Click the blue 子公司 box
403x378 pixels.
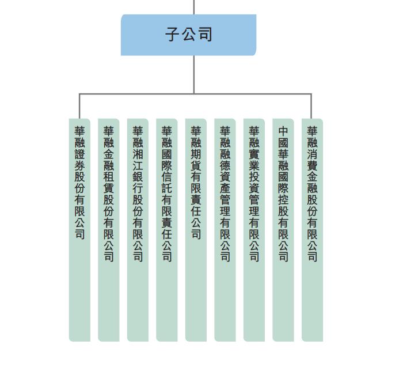pyautogui.click(x=188, y=35)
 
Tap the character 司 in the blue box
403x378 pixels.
pyautogui.click(x=205, y=35)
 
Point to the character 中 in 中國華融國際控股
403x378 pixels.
pyautogui.click(x=283, y=131)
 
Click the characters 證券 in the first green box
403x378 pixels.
pyautogui.click(x=79, y=160)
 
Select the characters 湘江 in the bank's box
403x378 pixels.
pyautogui.click(x=138, y=160)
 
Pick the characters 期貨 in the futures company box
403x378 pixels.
pyautogui.click(x=196, y=160)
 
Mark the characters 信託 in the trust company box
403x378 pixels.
pyautogui.click(x=167, y=183)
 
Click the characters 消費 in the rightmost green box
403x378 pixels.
pyautogui.click(x=312, y=160)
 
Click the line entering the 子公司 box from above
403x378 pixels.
pyautogui.click(x=194, y=6)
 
